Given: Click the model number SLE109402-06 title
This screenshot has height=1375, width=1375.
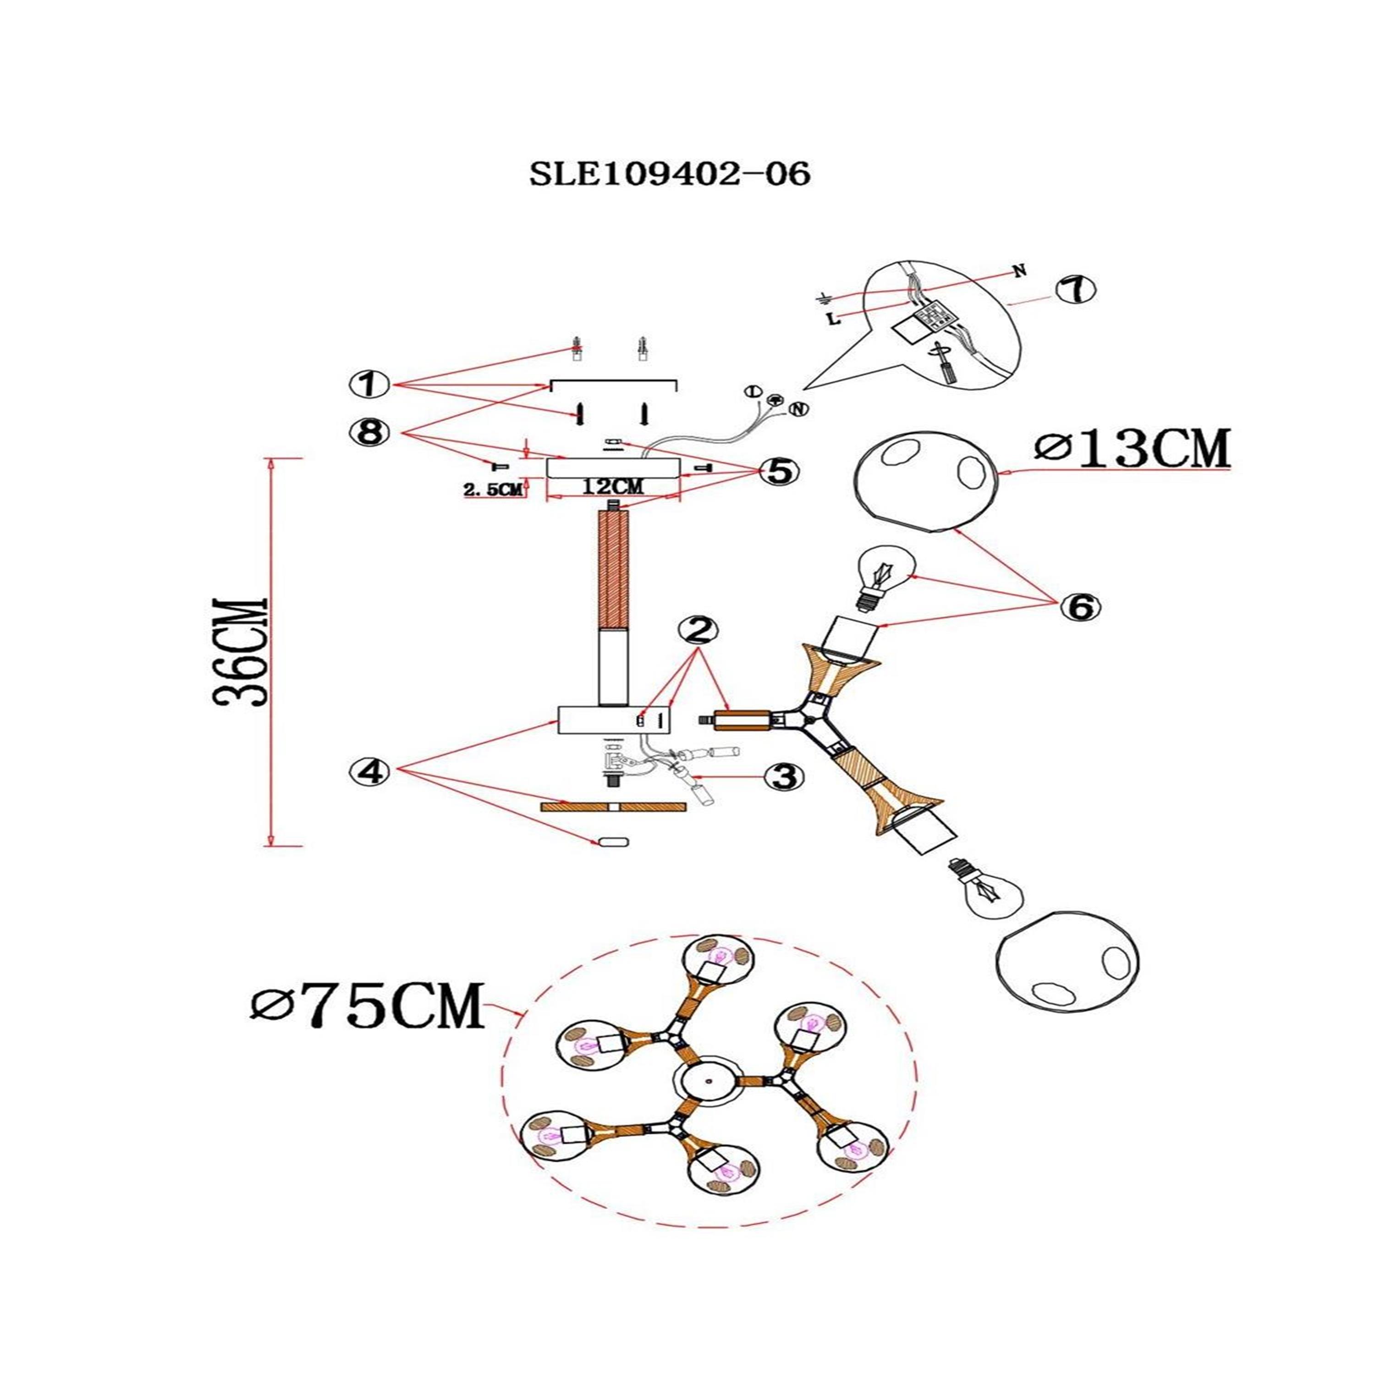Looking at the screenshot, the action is click(x=670, y=174).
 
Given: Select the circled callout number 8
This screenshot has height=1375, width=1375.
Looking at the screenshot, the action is click(x=368, y=433).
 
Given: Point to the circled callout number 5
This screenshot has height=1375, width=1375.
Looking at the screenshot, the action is click(x=779, y=470).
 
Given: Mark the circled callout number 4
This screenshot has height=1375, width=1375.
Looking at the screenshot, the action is click(x=368, y=770).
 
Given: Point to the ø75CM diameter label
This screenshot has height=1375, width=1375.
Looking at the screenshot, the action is click(x=367, y=1006).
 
